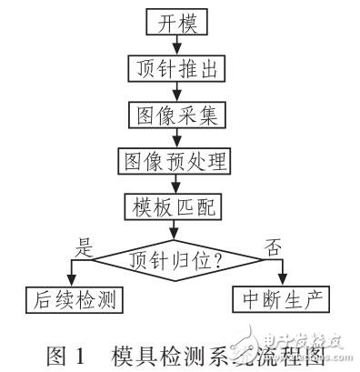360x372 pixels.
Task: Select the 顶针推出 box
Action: coord(174,67)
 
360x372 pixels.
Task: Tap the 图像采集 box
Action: coord(174,114)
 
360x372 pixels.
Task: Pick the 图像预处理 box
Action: coord(174,161)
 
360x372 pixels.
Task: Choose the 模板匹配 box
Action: coord(174,206)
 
